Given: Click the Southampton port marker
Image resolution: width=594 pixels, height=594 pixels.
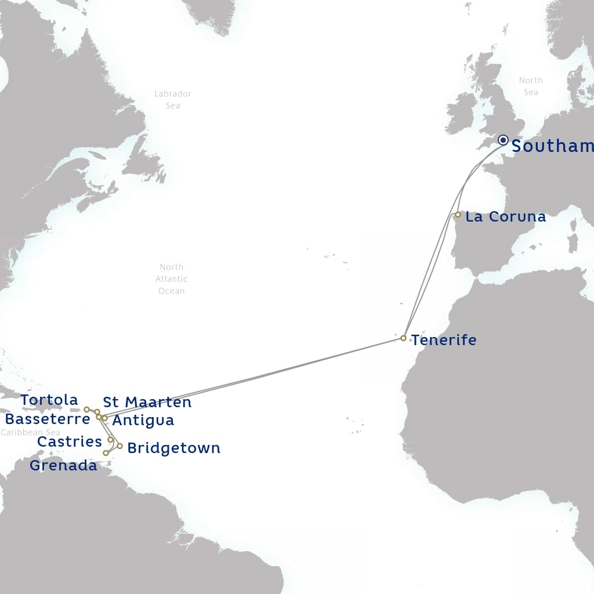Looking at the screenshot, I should [503, 140].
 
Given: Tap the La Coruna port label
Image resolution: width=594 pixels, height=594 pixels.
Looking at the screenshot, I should [505, 217].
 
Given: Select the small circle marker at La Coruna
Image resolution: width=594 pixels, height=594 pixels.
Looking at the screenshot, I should [458, 215].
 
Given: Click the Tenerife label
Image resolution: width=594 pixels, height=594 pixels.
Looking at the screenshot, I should [444, 340].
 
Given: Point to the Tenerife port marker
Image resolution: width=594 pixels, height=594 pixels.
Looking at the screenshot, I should [403, 338].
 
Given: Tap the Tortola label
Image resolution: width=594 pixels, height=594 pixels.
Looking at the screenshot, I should [49, 400].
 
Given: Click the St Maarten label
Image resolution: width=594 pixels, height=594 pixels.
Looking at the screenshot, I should [147, 402].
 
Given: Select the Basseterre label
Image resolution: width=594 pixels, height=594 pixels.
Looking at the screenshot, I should [48, 419].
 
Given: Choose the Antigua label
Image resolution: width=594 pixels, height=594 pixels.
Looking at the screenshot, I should [143, 420].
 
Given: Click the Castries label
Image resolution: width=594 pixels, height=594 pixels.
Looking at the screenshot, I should [70, 441].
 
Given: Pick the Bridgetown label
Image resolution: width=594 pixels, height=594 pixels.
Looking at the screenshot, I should [173, 448].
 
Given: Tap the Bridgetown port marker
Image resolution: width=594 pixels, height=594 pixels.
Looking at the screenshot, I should [119, 446].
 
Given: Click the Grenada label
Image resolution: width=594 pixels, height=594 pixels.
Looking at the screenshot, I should [63, 465].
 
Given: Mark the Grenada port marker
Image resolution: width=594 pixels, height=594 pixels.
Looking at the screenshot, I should [106, 453].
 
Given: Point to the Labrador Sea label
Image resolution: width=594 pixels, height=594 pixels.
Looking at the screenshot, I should [173, 99].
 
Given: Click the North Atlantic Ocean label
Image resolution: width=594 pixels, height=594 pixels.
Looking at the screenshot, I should [171, 279].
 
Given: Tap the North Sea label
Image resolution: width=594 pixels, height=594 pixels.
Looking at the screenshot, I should [531, 86].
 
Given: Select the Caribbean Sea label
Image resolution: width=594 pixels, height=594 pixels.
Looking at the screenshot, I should [30, 433].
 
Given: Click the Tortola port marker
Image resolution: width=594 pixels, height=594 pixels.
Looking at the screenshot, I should [86, 409].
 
